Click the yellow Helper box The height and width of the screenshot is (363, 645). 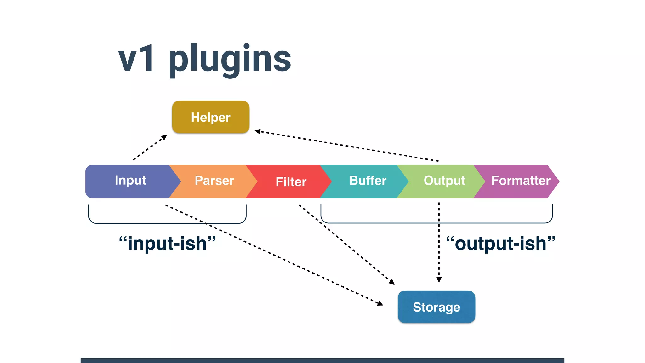coord(210,117)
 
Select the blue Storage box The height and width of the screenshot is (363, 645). coord(436,307)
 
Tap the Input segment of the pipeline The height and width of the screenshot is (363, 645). coord(130,181)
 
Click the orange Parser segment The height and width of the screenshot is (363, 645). coord(214,181)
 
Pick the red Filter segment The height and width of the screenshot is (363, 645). coord(291,182)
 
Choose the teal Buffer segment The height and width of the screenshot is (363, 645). coord(368,181)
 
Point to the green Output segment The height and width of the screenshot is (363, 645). coord(444,181)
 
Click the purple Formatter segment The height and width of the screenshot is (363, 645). coord(520,181)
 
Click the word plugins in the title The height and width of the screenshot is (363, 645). coord(230,59)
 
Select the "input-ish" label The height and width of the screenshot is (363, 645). coord(167,244)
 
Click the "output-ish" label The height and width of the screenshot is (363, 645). coord(501,244)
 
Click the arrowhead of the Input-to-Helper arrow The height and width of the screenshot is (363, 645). coord(164,137)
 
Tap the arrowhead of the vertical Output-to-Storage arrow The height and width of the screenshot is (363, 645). coord(439,280)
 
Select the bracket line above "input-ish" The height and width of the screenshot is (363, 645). coord(167,223)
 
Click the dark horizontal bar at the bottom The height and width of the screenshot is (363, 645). coord(322,360)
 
